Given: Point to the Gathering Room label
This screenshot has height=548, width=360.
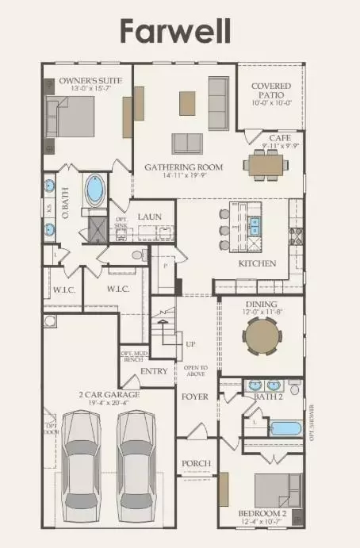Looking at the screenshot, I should [x=183, y=167].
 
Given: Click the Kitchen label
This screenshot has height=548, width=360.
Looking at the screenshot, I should [x=257, y=263].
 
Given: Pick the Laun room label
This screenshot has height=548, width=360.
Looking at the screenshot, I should [x=150, y=217].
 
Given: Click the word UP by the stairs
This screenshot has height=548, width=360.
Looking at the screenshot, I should [x=190, y=345].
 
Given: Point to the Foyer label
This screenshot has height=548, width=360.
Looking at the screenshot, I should [x=194, y=396].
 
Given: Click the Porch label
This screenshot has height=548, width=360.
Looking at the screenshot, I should [x=195, y=464].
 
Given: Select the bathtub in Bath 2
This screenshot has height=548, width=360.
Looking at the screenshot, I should [x=285, y=429].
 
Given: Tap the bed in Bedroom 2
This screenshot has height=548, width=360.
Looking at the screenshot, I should [x=277, y=489].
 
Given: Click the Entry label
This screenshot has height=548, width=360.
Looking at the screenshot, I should [x=154, y=371].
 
